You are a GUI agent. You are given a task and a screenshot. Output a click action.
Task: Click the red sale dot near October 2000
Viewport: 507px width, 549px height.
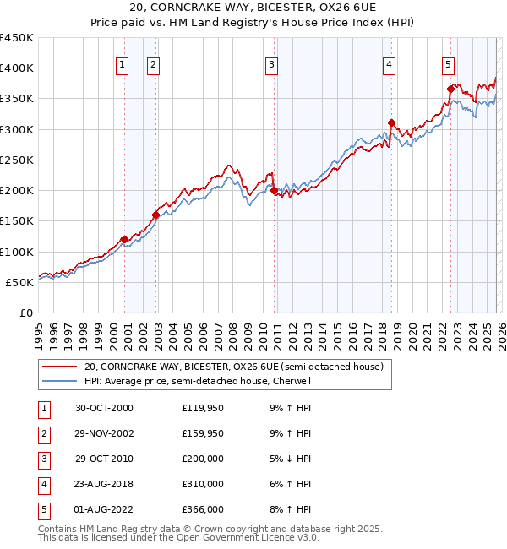(124, 239)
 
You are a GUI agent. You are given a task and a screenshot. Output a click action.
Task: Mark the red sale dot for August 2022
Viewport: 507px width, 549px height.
(450, 89)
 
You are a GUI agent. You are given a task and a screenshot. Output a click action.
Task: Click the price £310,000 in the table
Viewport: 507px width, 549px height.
(203, 485)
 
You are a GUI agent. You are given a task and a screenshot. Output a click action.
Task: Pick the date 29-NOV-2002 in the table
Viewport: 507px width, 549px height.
(104, 433)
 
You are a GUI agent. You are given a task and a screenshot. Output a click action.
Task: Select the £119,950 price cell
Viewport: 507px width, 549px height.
(203, 408)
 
